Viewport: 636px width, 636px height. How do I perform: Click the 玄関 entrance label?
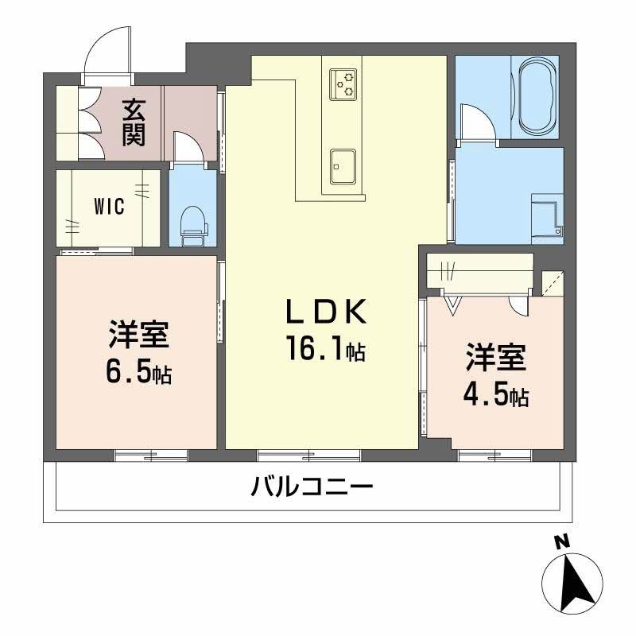click(133, 121)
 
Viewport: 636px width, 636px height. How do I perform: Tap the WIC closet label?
click(109, 207)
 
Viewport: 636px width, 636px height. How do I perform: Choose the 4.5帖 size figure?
click(496, 394)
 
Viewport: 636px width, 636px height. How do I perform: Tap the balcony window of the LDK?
click(308, 456)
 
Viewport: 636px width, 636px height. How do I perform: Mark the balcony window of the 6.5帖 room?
click(151, 456)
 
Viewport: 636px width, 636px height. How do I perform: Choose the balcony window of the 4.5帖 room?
click(495, 456)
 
